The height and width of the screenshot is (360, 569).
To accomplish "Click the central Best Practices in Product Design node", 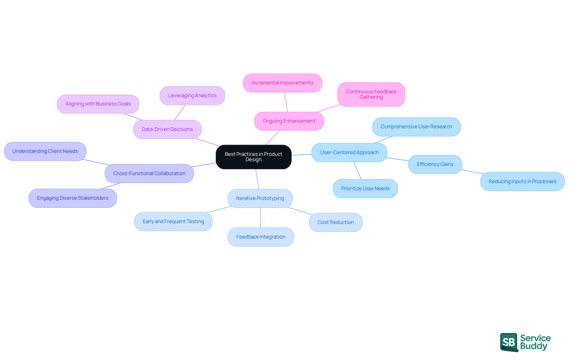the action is (253, 157).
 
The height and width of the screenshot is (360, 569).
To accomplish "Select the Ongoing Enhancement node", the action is (289, 121).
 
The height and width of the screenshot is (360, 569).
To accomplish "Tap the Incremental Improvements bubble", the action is (282, 83).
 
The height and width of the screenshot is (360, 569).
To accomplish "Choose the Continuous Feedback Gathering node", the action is (371, 94).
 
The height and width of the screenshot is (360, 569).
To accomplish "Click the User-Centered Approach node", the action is (349, 152).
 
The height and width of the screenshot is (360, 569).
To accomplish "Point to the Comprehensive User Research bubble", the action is (416, 127).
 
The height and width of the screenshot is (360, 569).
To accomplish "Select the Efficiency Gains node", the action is (435, 164).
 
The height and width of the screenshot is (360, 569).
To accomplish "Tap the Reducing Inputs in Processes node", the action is (522, 181).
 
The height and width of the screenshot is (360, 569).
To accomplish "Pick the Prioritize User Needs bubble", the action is (365, 188).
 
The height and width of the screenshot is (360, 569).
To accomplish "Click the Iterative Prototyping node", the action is (260, 198).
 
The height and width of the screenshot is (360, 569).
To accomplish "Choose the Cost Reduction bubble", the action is (335, 222).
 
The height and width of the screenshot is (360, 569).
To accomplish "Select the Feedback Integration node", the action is (260, 237).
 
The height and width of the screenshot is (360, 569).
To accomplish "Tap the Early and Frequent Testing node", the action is (173, 221).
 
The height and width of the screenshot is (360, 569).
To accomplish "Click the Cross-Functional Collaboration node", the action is (149, 173).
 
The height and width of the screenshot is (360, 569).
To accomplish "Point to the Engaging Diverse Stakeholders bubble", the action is (73, 198).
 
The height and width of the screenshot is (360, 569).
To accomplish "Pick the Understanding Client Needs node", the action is (45, 151).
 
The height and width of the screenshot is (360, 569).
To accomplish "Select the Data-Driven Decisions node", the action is (167, 129).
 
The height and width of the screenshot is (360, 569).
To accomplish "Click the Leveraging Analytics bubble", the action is (192, 95).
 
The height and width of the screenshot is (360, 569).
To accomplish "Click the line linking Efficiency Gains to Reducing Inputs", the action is (472, 172).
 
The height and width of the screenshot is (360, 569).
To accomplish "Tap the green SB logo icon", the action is (509, 342).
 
